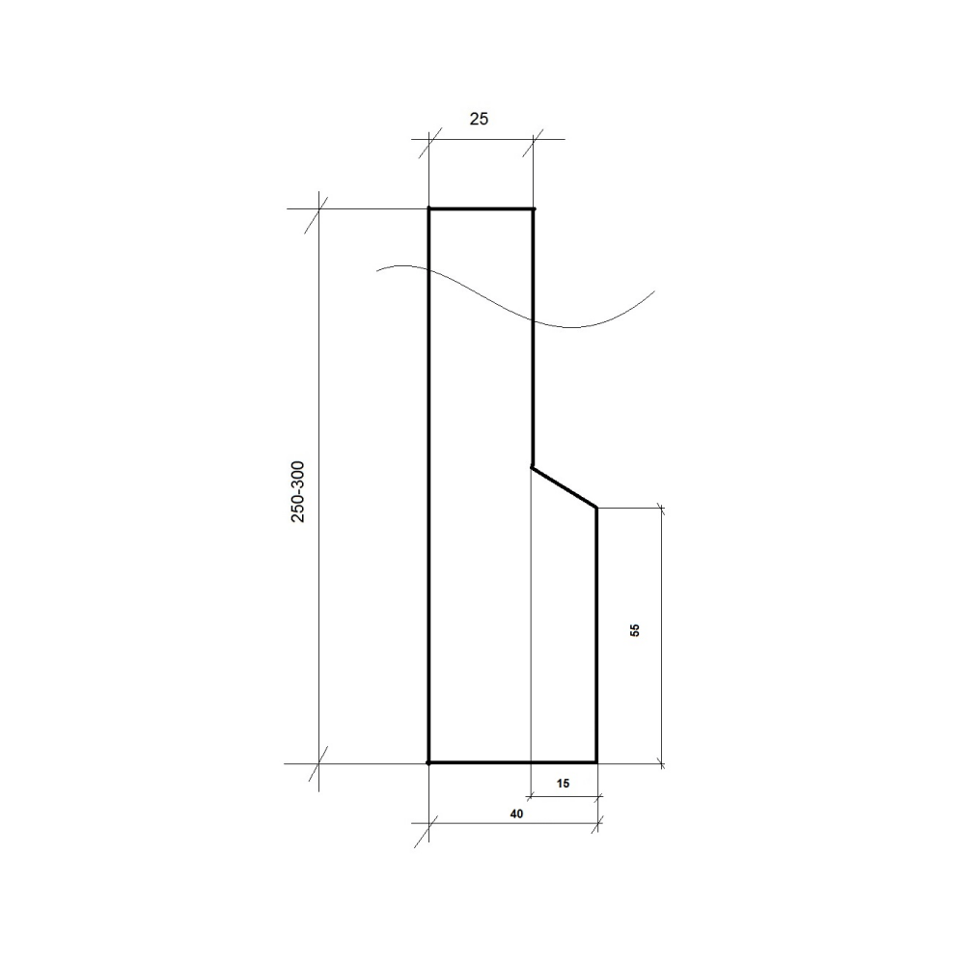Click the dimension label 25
[x=479, y=119]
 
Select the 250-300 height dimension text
[x=298, y=492]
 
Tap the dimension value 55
[x=635, y=630]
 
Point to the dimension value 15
[x=563, y=784]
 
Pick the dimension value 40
[x=516, y=813]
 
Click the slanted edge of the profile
[x=565, y=487]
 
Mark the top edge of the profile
[x=482, y=209]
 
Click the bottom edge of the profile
[x=512, y=762]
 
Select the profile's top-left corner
[x=429, y=209]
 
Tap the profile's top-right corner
[x=534, y=209]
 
